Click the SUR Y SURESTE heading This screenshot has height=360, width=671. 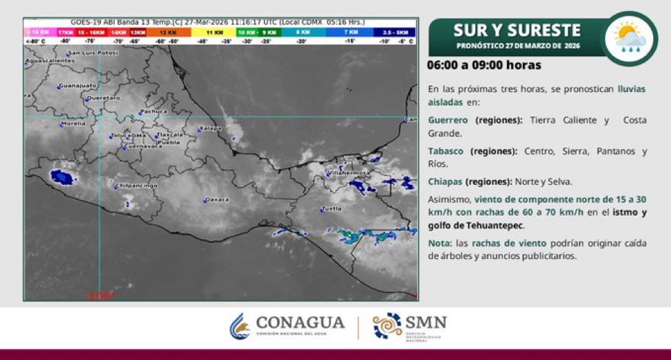[x=516, y=30]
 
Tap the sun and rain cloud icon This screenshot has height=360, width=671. [x=628, y=37]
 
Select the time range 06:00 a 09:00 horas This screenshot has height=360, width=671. [x=485, y=65]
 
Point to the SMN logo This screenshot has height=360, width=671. [x=410, y=326]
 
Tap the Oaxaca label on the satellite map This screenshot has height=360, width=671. [x=216, y=200]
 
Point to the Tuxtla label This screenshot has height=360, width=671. [x=332, y=207]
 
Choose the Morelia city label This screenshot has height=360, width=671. [x=73, y=124]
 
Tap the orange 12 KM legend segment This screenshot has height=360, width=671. [x=168, y=32]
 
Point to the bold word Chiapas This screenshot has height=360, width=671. [x=445, y=181]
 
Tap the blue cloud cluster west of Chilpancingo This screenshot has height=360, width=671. [x=61, y=178]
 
